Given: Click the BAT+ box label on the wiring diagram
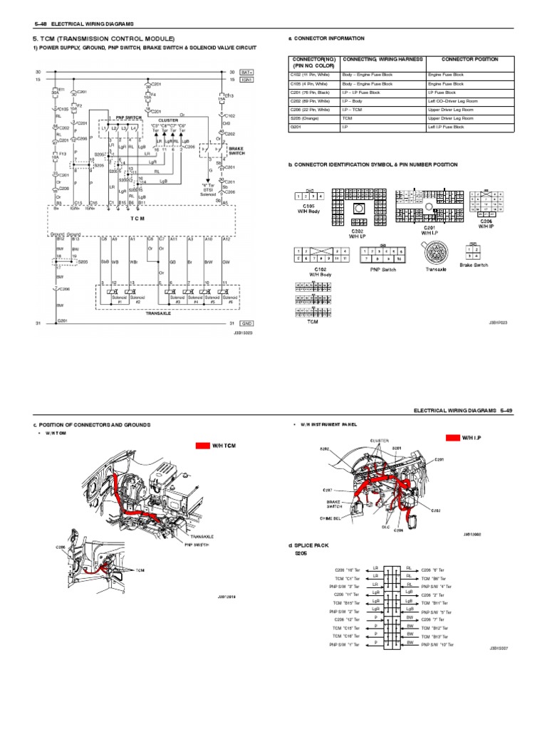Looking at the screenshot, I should (x=247, y=72).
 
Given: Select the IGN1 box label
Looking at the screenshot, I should (x=247, y=80).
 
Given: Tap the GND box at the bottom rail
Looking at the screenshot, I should (x=247, y=323).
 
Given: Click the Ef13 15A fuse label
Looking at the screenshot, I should (x=229, y=97).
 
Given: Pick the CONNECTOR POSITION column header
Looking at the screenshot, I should (x=469, y=60).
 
